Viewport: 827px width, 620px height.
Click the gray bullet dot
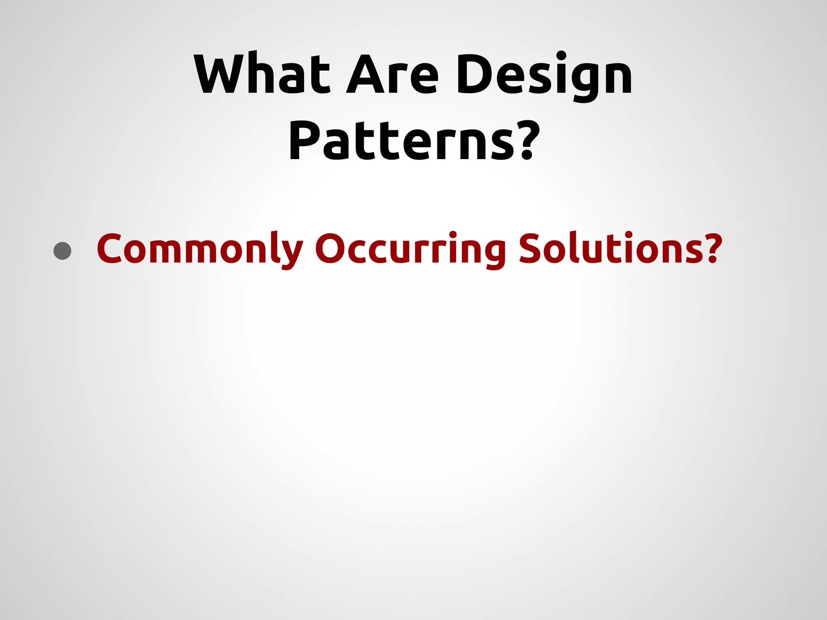62,251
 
